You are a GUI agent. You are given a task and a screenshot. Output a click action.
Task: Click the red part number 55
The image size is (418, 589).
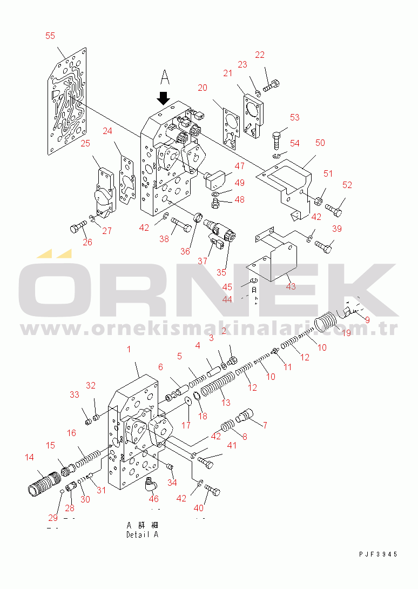pyautogui.click(x=50, y=36)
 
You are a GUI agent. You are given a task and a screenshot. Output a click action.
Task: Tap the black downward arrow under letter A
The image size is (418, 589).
pyautogui.click(x=164, y=98)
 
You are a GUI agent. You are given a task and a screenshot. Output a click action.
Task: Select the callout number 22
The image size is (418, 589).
pyautogui.click(x=260, y=55)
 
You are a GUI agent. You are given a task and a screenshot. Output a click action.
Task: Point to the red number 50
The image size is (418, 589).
pyautogui.click(x=320, y=143)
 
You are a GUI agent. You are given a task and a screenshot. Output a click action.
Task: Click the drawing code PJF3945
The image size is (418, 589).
pyautogui.click(x=378, y=554)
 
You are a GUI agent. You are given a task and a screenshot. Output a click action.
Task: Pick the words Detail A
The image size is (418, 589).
pyautogui.click(x=143, y=534)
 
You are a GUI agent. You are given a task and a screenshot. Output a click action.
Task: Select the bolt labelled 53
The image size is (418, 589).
pyautogui.click(x=277, y=140)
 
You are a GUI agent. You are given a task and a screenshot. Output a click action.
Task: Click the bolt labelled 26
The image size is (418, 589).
pyautogui.click(x=78, y=227)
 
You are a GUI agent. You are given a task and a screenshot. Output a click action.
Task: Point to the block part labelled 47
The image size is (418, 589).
pyautogui.click(x=214, y=179)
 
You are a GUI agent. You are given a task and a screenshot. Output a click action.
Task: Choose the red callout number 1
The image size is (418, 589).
pyautogui.click(x=129, y=349)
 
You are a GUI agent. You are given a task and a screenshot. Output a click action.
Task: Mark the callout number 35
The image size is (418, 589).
pyautogui.click(x=221, y=272)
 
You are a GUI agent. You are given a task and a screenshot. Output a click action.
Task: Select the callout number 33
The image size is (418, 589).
pyautogui.click(x=75, y=394)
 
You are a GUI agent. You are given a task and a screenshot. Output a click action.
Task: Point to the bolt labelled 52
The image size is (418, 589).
pyautogui.click(x=334, y=209)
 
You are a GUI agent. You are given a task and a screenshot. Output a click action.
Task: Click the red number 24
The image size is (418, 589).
pyautogui.click(x=107, y=131)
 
